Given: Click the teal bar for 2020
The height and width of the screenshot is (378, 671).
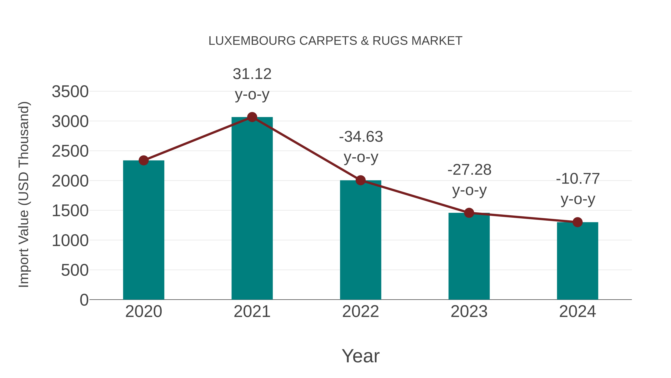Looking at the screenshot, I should tap(144, 230).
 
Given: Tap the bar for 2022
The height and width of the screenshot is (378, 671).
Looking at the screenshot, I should tap(360, 240).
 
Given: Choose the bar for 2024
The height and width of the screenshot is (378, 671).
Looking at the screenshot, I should tap(577, 261).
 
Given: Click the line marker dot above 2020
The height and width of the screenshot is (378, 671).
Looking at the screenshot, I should tap(144, 160).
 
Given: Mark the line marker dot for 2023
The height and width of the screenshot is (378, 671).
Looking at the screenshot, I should tap(469, 213).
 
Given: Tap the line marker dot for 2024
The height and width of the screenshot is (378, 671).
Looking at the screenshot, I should tap(577, 222).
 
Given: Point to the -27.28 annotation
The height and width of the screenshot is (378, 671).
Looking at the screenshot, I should tap(469, 170).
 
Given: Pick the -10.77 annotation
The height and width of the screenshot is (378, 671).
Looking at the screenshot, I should tap(578, 179).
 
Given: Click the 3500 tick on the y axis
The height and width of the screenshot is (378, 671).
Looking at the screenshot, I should tap(70, 92).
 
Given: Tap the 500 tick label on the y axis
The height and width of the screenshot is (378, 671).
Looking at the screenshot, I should tap(75, 270).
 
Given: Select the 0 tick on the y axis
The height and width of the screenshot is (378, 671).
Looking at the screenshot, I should tap(84, 300).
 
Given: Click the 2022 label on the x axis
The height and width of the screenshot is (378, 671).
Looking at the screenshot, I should tap(360, 312).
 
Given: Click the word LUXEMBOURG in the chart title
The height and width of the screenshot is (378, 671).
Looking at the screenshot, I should tap(252, 41).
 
